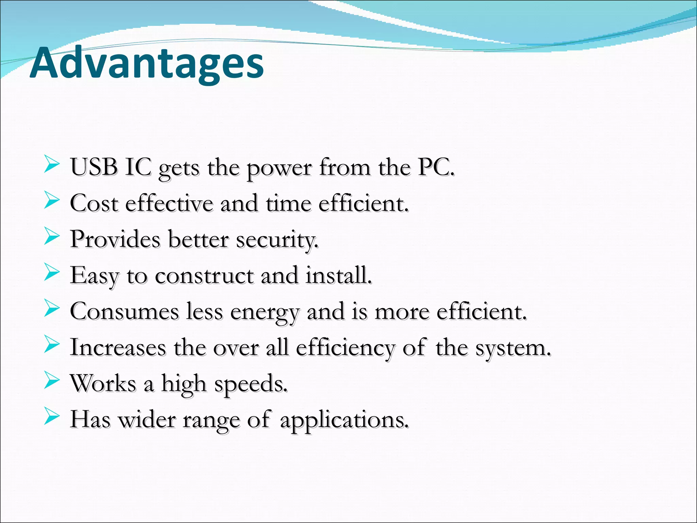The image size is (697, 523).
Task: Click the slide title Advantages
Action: [147, 64]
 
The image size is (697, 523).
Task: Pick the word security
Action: [277, 240]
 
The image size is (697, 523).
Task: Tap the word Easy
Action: [94, 276]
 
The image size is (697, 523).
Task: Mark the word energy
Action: [265, 313]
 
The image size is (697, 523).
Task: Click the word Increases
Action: [118, 348]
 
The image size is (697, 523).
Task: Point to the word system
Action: [513, 349]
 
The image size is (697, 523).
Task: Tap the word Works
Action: [103, 384]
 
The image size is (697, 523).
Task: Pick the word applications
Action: [344, 420]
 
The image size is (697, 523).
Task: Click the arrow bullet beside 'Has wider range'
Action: [51, 418]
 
